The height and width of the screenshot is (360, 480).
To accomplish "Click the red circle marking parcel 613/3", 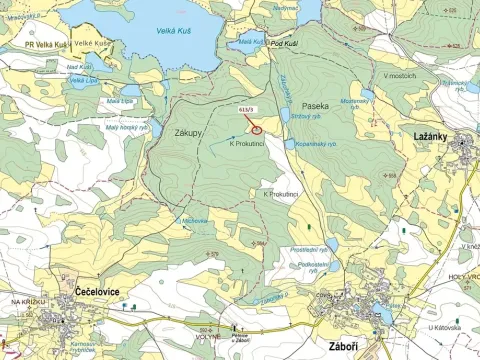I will tap(257, 127).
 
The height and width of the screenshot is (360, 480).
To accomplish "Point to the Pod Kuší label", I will tap(283, 44).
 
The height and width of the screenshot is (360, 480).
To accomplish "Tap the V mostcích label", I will tap(397, 76).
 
